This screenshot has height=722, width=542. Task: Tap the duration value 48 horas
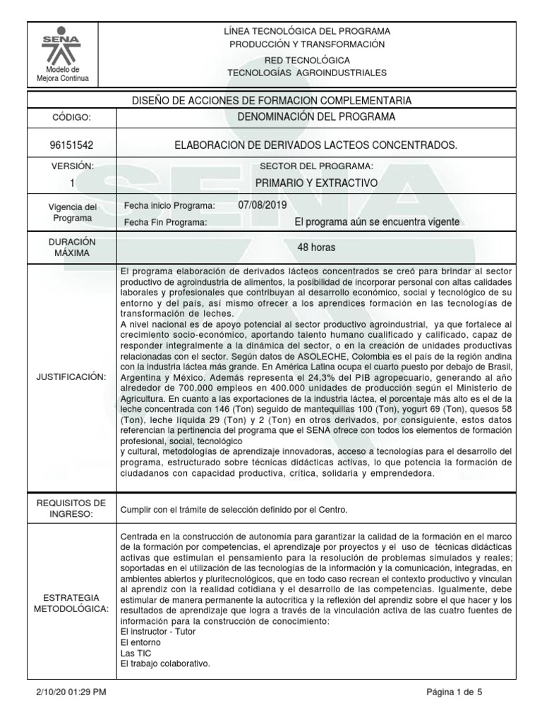point(316,247)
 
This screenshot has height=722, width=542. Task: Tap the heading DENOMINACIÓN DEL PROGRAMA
point(315,116)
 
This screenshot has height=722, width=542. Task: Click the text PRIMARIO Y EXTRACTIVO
point(316,183)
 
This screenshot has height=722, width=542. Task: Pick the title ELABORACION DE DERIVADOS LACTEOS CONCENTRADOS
point(315,145)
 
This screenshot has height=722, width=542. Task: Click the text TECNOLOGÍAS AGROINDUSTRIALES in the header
point(306,73)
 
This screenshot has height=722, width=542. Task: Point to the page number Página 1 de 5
point(454,692)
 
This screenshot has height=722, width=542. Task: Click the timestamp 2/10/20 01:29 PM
point(71,692)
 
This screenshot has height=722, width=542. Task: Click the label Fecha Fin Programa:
point(165,222)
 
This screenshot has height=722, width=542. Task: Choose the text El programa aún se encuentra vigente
point(377,221)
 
